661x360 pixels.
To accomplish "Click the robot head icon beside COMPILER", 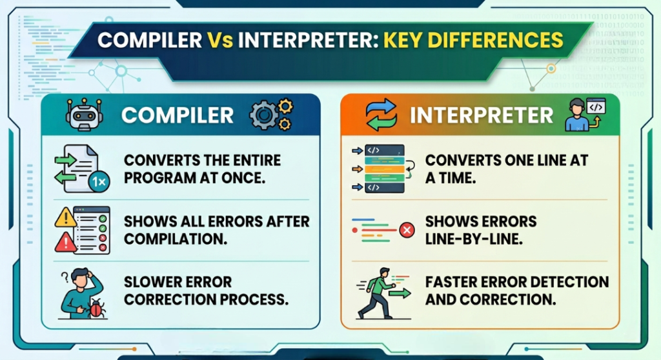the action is (x=85, y=114).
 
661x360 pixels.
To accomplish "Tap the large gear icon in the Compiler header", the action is (x=264, y=115).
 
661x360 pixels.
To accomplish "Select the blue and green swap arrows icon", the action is (x=381, y=115).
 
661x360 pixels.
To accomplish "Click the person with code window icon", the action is (x=585, y=114).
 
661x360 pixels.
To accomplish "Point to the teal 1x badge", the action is (x=99, y=182).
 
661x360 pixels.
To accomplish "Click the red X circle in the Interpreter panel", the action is (x=407, y=230).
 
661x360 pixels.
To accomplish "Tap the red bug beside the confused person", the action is (x=97, y=309).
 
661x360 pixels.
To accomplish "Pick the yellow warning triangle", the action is (x=66, y=218).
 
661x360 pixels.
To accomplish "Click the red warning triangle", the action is (x=65, y=243).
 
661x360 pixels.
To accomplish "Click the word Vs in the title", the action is (x=219, y=41).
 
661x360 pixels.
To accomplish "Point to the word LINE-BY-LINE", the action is (x=474, y=239).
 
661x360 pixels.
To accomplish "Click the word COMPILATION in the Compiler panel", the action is (x=176, y=239).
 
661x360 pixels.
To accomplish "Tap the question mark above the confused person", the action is (x=65, y=277).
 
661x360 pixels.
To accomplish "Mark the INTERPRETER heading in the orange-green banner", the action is (x=481, y=115).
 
